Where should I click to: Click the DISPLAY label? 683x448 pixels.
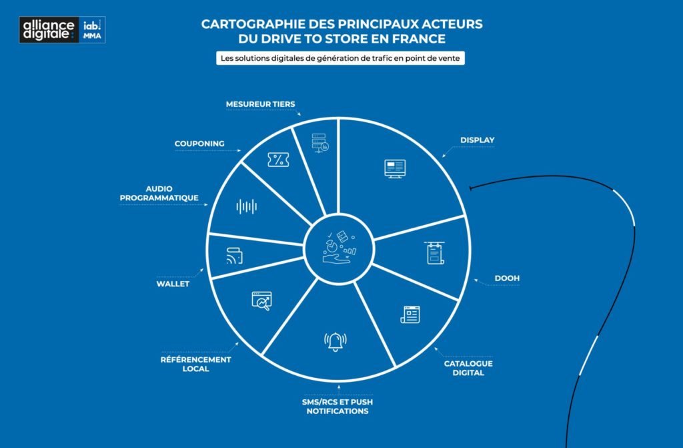coord(477,140)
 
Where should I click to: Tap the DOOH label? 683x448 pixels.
coord(507,278)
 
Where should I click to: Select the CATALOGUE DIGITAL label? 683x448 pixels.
coord(468,368)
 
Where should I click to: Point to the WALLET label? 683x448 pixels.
coord(173,284)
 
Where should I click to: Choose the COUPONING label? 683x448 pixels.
coord(199,144)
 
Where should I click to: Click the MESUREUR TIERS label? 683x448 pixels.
coord(261,104)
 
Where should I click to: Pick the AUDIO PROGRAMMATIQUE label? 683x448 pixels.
coord(159,193)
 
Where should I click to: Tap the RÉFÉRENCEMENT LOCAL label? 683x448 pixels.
coord(195,364)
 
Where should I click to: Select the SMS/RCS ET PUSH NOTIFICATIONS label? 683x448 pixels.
coord(337,406)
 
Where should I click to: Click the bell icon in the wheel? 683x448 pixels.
coord(335,342)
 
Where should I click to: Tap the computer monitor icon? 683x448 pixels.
coord(395,169)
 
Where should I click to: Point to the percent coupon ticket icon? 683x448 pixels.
coord(278,160)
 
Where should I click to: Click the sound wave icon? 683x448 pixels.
coord(247,206)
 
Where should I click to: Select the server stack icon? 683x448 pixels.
coord(320,143)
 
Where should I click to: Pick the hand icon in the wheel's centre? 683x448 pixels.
coord(336,258)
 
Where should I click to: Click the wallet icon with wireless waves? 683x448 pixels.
coord(234,256)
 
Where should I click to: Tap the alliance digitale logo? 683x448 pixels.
coord(49,29)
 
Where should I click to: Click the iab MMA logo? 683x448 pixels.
coord(92,29)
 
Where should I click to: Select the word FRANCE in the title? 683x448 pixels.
coord(419,39)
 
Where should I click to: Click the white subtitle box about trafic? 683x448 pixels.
coord(340,58)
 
